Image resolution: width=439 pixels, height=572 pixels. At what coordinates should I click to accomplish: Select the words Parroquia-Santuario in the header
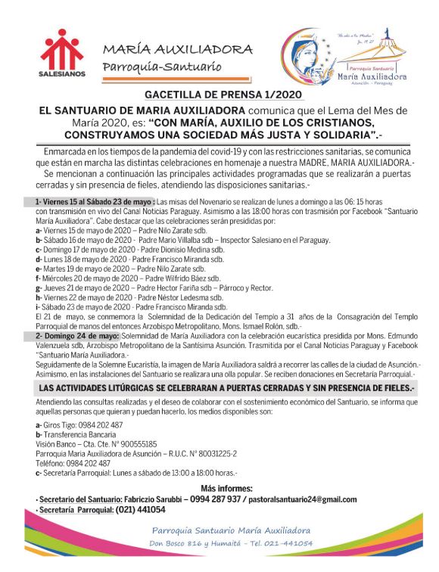click(163, 67)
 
